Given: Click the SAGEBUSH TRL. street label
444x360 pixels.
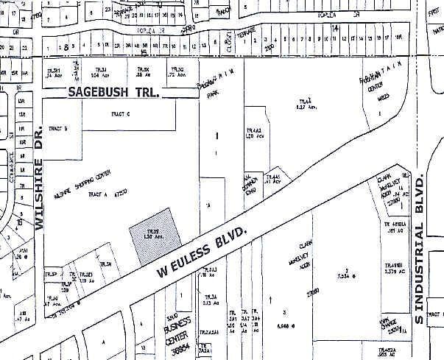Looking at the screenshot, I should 114,93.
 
